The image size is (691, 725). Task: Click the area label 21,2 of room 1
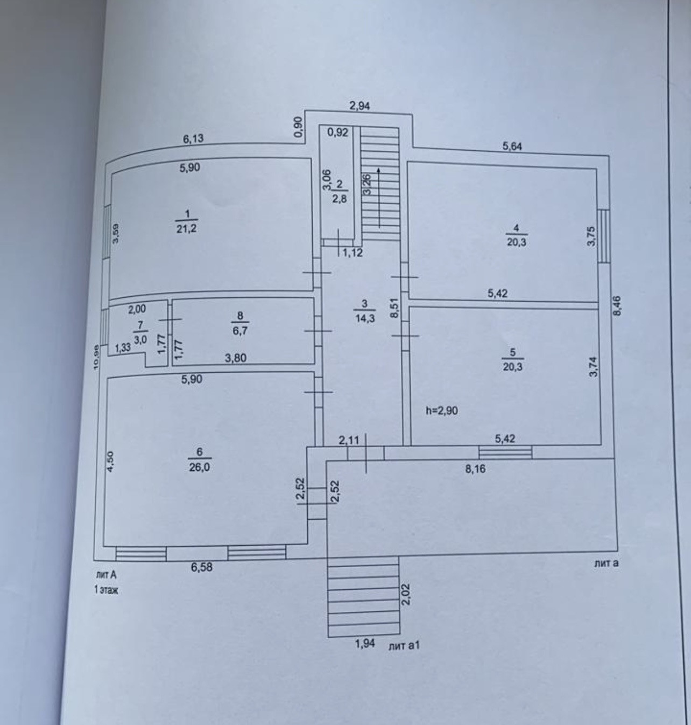coord(186,228)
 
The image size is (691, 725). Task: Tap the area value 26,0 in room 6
coord(199,468)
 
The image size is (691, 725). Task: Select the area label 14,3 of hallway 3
coord(364,318)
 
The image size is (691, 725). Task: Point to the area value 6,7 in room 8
coord(240,330)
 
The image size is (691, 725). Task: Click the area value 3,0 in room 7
coord(140,340)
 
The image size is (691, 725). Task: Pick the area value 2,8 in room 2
coord(339,199)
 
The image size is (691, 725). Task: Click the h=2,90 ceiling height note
coord(441,411)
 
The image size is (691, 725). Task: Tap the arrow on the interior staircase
coord(379,197)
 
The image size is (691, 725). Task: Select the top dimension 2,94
coord(359,106)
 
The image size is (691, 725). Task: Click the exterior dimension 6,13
coord(193,139)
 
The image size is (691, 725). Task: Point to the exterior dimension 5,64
coord(512,147)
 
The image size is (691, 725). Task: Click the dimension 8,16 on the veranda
coord(475,469)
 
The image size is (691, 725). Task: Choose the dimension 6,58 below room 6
coord(201,567)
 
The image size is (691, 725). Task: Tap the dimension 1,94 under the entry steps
coord(364,644)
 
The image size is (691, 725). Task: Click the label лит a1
coord(403,645)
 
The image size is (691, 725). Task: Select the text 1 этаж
coord(106,590)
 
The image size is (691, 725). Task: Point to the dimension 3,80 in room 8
coord(236,358)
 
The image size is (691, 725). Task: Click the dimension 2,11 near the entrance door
coord(349,440)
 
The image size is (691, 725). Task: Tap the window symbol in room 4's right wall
coord(604,235)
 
